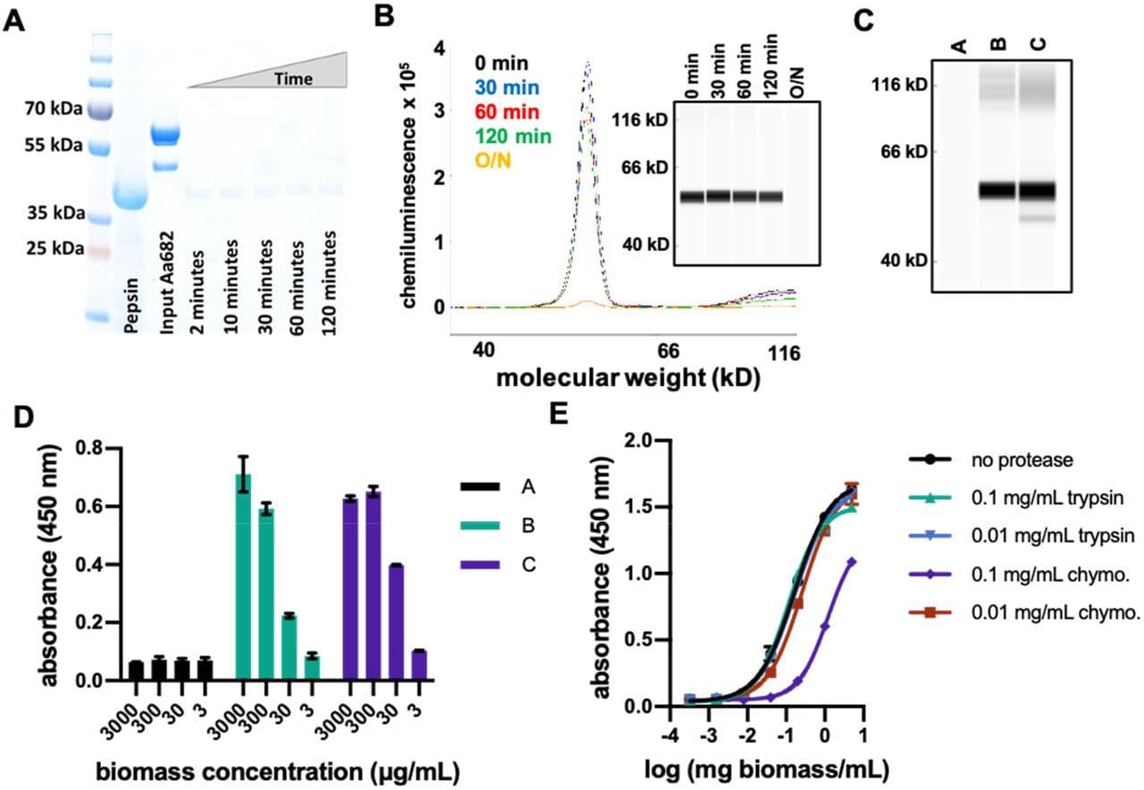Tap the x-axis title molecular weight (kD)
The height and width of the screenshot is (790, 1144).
[627, 377]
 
